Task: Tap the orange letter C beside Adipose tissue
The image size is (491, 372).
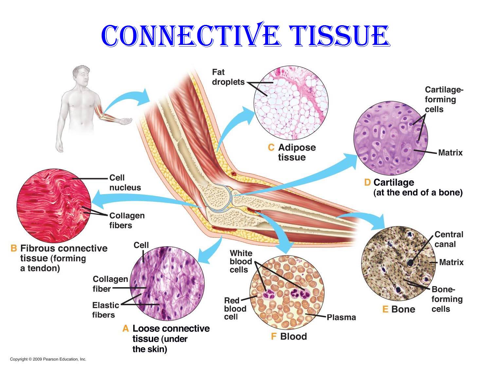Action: [x=271, y=147]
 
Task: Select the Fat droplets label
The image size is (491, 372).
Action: [x=228, y=77]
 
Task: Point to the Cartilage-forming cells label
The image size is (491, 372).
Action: [x=444, y=99]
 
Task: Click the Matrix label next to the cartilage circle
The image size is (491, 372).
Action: [x=450, y=153]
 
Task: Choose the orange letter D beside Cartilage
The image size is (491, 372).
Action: [x=367, y=182]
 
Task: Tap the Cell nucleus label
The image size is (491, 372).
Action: [x=125, y=182]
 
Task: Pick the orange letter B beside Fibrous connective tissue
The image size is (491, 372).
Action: [x=14, y=248]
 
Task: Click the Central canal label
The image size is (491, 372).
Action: [x=449, y=239]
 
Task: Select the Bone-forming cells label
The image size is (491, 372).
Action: [x=447, y=299]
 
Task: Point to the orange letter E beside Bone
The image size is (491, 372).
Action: [x=385, y=309]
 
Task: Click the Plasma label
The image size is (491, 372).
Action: [x=341, y=317]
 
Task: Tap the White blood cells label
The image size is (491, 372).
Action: [x=241, y=261]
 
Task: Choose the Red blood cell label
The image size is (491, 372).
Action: [x=235, y=309]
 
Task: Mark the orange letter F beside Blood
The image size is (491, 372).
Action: [x=274, y=336]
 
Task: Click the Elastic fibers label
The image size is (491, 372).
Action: [x=106, y=310]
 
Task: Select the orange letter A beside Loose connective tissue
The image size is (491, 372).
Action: [x=126, y=328]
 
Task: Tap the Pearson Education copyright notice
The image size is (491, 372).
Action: [x=48, y=359]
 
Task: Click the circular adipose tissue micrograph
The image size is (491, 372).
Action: [x=291, y=103]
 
